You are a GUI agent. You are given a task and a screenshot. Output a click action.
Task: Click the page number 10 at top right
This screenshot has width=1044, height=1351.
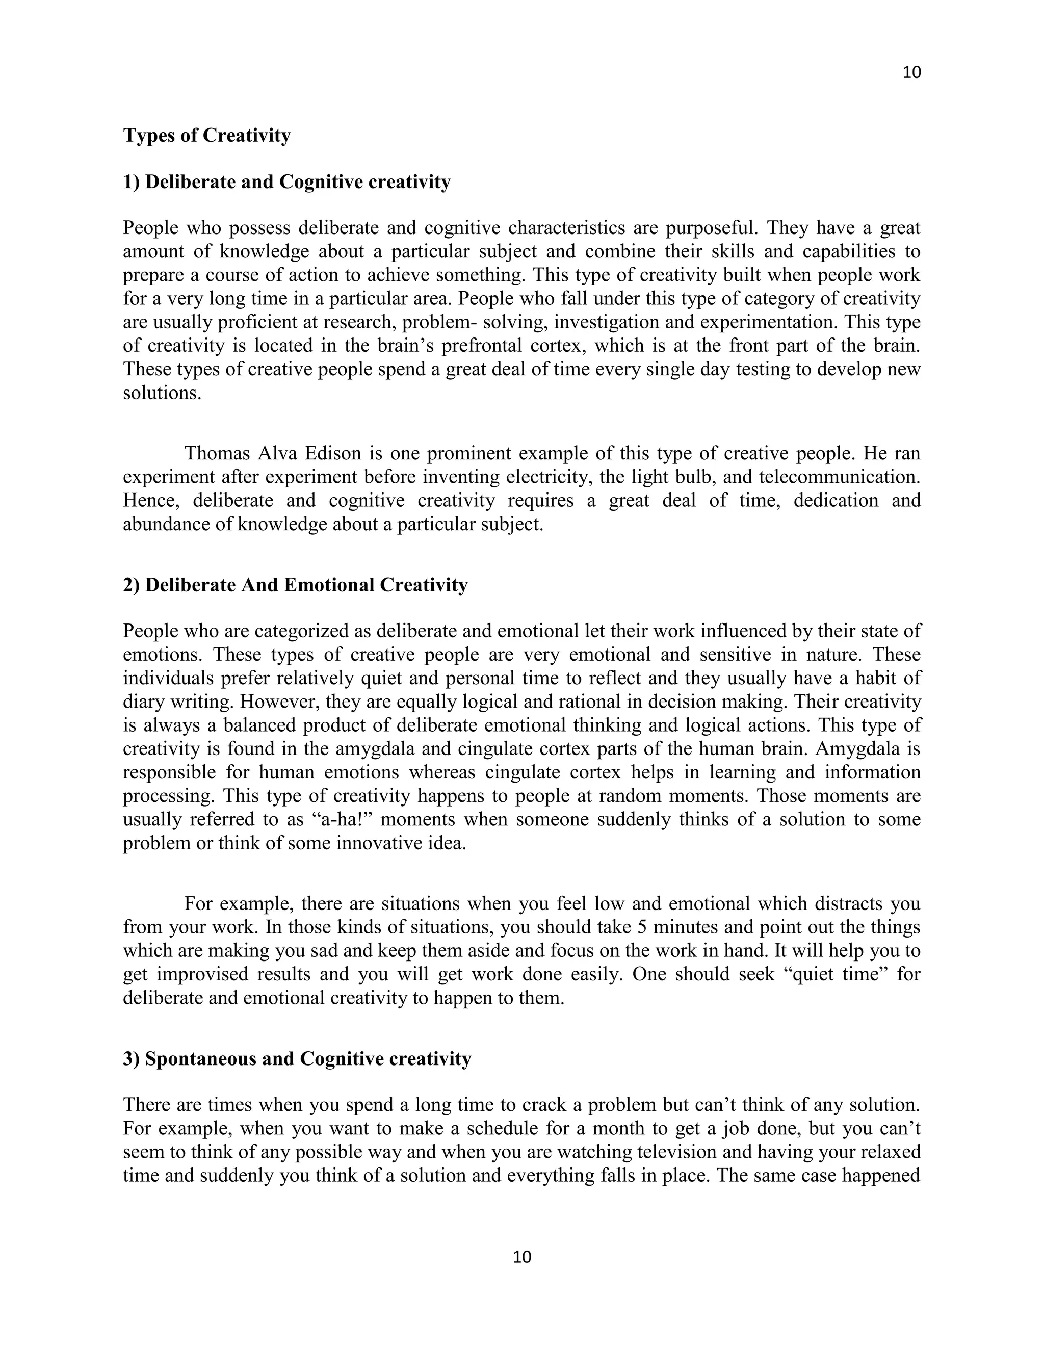pyautogui.click(x=911, y=72)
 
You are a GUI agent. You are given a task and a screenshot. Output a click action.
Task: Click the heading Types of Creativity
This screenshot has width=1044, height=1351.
pyautogui.click(x=206, y=135)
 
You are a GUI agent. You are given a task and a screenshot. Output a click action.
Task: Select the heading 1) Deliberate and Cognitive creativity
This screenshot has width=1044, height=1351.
pyautogui.click(x=287, y=182)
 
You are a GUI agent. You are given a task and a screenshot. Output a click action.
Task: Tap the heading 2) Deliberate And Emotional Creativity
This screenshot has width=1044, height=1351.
pyautogui.click(x=295, y=585)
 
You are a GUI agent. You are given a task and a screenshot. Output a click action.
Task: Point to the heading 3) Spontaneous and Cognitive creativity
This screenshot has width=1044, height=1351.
pyautogui.click(x=297, y=1058)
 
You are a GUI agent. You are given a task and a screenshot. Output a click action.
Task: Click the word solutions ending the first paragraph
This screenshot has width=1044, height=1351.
pyautogui.click(x=162, y=393)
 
